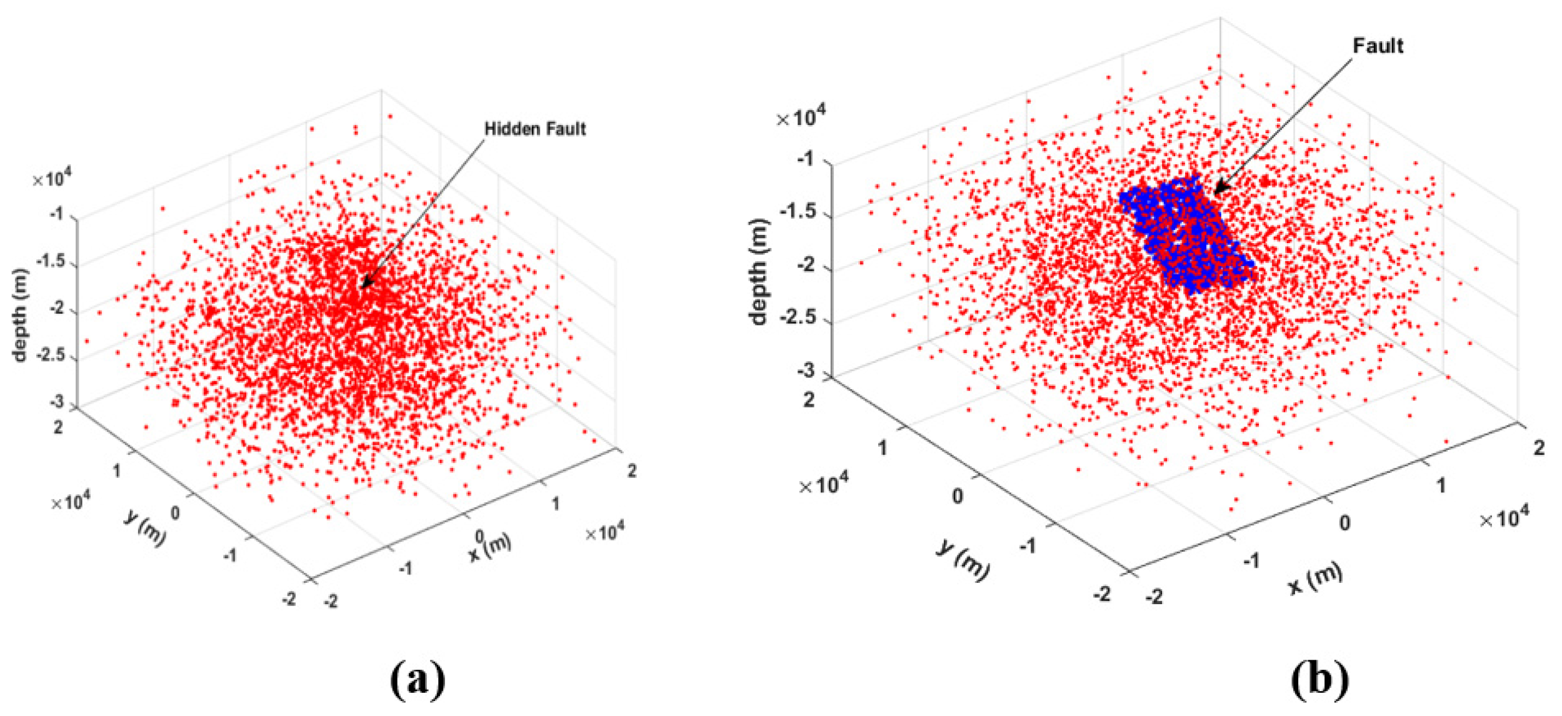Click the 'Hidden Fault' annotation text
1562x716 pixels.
tap(535, 129)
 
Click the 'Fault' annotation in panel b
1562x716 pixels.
tap(1377, 46)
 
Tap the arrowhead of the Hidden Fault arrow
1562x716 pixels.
tap(364, 285)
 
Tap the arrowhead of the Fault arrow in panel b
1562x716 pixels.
tap(1218, 189)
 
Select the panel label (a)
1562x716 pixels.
tap(418, 680)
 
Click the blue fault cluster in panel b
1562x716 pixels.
tap(1184, 234)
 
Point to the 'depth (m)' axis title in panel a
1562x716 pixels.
tap(20, 316)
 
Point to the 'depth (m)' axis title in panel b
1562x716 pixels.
tap(758, 272)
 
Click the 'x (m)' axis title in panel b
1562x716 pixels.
tap(1315, 578)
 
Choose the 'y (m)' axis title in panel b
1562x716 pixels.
tap(963, 560)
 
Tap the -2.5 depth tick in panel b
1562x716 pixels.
tap(797, 317)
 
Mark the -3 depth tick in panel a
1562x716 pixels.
tap(57, 402)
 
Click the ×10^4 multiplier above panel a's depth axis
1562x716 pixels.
tap(52, 179)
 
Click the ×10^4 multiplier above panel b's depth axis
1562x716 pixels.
tap(801, 117)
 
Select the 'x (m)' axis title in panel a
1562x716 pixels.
tap(491, 546)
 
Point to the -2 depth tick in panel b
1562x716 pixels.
tap(805, 265)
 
